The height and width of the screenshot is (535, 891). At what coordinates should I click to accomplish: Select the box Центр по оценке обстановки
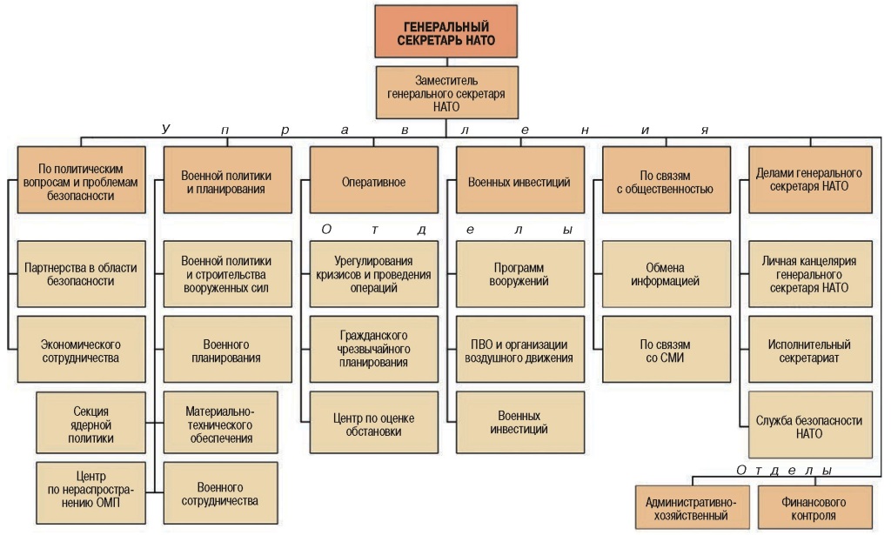coord(373,422)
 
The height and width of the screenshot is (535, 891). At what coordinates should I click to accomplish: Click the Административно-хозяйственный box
coord(692,508)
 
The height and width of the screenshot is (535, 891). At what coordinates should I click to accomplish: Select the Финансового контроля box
coord(815,508)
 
